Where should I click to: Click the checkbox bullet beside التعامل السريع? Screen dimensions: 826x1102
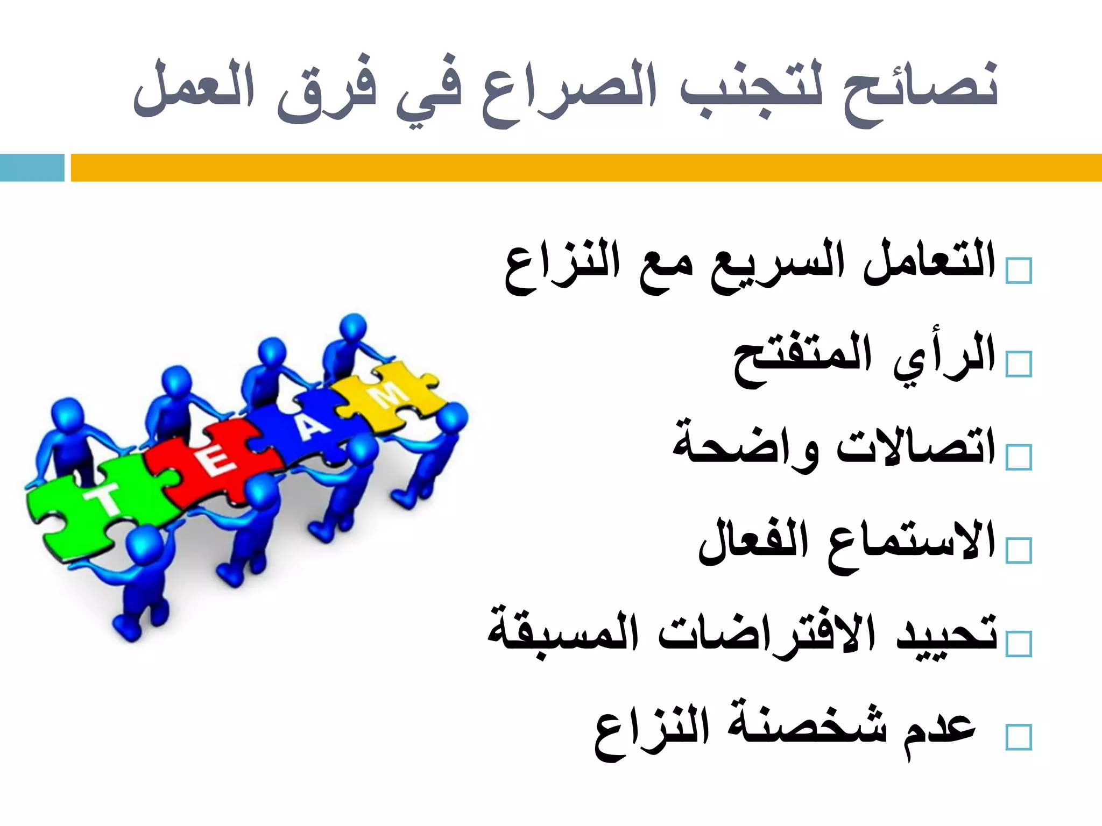1019,270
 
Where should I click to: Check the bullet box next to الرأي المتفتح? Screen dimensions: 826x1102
1019,364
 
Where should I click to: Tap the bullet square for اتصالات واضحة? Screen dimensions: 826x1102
1019,457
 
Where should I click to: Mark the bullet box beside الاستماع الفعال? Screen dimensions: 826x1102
1019,550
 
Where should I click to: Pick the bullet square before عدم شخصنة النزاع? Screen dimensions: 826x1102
1019,737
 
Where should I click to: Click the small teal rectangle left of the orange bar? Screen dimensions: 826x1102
32,167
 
